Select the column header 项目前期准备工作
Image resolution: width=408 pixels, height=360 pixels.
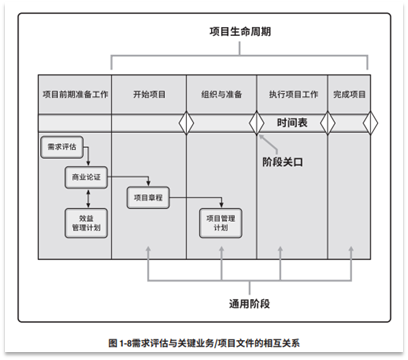point(74,94)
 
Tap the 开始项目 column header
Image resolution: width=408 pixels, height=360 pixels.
point(147,94)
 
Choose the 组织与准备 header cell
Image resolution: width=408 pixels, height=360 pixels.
point(220,94)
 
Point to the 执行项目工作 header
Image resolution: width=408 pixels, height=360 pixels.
point(293,94)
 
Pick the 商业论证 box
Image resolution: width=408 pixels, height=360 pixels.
point(87,177)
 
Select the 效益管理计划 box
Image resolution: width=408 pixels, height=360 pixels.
point(87,221)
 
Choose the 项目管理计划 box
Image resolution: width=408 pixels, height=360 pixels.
point(219,222)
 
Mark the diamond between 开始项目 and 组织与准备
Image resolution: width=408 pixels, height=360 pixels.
point(184,123)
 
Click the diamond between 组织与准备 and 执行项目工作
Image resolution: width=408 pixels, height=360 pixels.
point(257,123)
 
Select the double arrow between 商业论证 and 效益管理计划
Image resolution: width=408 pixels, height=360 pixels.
point(87,198)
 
